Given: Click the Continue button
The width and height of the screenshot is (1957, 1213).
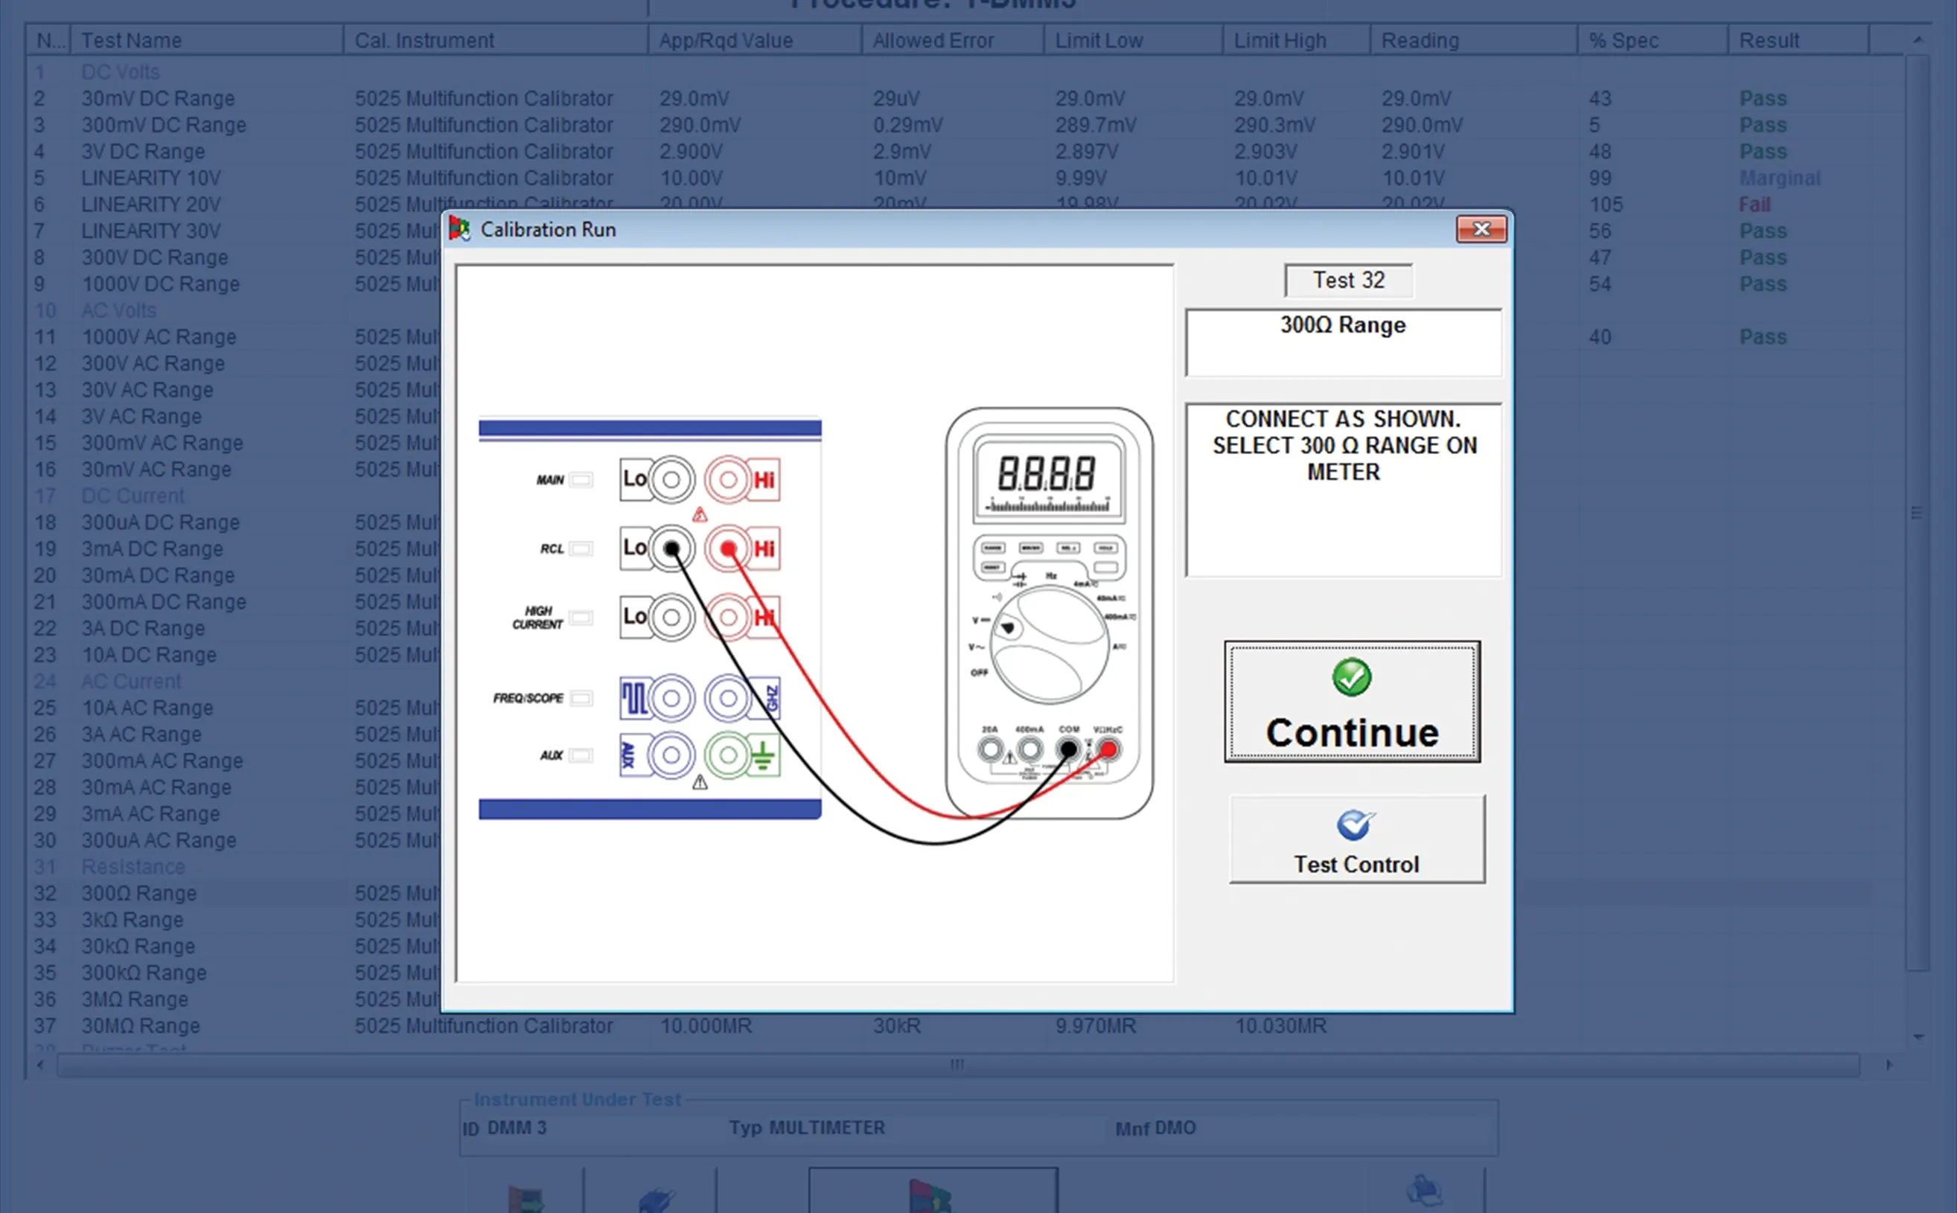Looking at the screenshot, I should point(1352,701).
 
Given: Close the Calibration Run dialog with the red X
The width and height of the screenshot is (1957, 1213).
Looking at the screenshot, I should point(1481,229).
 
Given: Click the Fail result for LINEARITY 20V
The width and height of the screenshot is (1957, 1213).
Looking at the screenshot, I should point(1754,205).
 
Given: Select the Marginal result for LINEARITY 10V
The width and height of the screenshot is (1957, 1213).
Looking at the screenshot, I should point(1779,178).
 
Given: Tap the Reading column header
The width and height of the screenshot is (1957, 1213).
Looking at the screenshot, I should point(1420,40).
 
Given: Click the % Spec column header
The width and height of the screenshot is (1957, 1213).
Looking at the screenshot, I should point(1624,40).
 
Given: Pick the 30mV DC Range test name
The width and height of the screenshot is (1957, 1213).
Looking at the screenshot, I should point(158,99).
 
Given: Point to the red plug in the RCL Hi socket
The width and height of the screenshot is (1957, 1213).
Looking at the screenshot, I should point(728,548).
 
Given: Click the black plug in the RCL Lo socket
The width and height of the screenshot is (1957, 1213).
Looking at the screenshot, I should point(671,548).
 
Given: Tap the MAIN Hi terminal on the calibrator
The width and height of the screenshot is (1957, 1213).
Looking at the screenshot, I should point(728,480).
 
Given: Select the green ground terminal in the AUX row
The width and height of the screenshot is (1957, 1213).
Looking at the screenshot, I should point(728,755).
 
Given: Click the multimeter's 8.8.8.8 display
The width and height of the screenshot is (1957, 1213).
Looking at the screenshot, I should point(1047,474).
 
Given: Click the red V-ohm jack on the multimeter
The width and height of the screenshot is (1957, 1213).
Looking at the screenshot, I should point(1108,749).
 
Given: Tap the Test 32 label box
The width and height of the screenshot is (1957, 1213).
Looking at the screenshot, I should point(1348,280).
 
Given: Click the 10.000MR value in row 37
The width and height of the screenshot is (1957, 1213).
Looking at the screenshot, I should point(705,1026).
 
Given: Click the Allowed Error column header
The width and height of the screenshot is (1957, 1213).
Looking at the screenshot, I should point(933,40).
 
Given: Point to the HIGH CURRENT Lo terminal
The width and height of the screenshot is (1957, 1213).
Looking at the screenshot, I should point(671,617).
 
